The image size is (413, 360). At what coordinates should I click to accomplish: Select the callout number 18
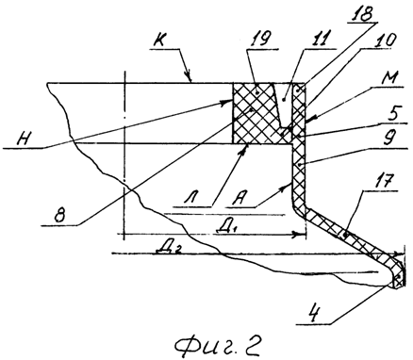point(364,13)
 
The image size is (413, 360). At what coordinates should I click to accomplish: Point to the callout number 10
point(387,41)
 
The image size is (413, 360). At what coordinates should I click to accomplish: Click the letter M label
point(393,76)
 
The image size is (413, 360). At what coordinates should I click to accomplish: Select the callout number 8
point(59,216)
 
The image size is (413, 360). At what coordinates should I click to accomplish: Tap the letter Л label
point(191,199)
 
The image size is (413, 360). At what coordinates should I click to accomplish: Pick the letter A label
point(238,198)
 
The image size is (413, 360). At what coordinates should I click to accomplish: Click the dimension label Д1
point(225,227)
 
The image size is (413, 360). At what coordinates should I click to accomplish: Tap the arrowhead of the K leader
point(189,77)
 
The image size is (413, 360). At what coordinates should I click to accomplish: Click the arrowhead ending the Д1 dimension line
point(299,234)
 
